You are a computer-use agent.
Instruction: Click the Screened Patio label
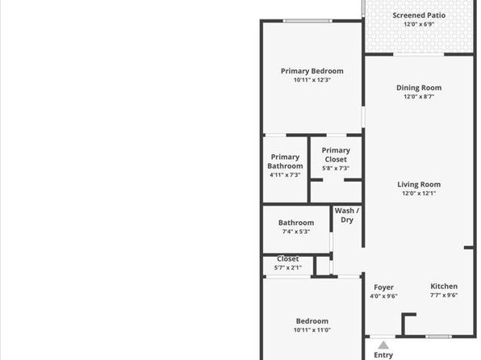[x=419, y=15]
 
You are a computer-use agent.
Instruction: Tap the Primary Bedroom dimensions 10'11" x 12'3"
[x=312, y=80]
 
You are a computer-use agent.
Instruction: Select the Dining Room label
[x=419, y=88]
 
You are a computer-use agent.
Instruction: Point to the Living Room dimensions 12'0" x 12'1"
[x=419, y=193]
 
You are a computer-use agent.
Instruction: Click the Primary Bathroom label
[x=285, y=161]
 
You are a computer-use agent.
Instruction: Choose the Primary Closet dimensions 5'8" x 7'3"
[x=336, y=168]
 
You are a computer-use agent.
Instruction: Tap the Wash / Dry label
[x=347, y=216]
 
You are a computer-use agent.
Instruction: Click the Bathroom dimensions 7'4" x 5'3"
[x=295, y=232]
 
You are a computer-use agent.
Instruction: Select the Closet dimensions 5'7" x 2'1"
[x=288, y=268]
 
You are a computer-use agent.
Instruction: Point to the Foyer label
[x=383, y=287]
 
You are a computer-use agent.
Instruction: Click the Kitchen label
[x=444, y=287]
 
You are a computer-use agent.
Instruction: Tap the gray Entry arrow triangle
[x=383, y=345]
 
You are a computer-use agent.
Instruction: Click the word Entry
[x=383, y=355]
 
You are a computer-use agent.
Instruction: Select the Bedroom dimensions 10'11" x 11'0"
[x=312, y=330]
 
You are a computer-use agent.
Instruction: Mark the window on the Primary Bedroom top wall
[x=307, y=21]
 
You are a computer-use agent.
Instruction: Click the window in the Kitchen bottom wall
[x=438, y=337]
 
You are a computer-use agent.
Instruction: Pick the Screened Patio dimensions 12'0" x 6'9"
[x=419, y=24]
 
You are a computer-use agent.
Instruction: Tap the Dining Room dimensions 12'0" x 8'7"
[x=419, y=96]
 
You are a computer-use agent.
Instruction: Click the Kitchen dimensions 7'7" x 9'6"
[x=444, y=295]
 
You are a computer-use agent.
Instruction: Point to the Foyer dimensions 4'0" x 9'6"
[x=383, y=296]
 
